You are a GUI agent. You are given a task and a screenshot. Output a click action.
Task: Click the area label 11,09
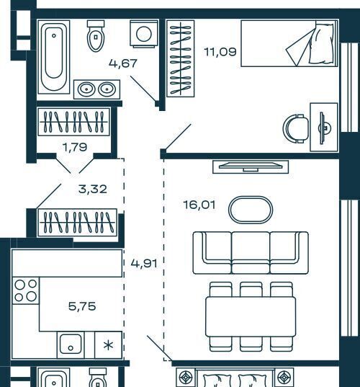220,52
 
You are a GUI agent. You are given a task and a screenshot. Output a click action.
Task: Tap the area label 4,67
123,63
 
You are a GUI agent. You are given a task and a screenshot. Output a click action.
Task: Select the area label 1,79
75,147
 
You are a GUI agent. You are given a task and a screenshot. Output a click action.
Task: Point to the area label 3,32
92,190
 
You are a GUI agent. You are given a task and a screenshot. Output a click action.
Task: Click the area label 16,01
199,205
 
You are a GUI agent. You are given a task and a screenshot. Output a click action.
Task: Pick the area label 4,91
144,264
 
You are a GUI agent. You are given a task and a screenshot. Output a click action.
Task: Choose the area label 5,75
82,306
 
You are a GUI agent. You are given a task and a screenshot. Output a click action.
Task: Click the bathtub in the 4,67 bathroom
54,57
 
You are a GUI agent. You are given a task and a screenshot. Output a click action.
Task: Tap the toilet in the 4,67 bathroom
96,36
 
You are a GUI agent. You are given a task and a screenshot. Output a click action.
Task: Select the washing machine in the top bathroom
144,34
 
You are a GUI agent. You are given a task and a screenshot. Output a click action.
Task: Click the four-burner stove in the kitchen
26,290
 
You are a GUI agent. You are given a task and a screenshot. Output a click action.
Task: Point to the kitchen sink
71,344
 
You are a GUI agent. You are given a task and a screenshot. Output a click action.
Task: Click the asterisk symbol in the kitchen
109,345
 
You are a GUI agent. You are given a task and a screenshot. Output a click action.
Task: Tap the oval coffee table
251,210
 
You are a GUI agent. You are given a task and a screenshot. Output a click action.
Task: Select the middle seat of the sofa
251,253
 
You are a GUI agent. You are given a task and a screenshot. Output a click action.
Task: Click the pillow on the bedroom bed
323,43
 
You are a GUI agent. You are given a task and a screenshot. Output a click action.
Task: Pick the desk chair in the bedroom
296,128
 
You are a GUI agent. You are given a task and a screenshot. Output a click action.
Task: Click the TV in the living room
251,167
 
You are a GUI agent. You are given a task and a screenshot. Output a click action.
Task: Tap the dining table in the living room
251,316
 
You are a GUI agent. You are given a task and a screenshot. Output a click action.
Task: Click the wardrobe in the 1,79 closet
73,122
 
